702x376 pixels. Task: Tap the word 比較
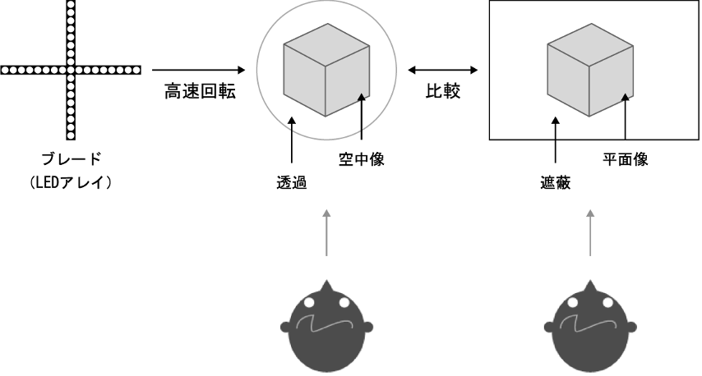click(443, 92)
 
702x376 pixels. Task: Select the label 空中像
click(362, 160)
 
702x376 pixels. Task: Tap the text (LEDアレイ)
click(70, 181)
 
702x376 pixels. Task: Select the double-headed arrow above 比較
click(443, 70)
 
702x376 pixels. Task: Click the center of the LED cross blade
click(70, 70)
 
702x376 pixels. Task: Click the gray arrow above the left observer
click(326, 233)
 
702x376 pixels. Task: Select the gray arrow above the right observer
click(591, 233)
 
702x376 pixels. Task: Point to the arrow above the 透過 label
click(292, 143)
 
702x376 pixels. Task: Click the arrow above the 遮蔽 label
click(557, 143)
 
